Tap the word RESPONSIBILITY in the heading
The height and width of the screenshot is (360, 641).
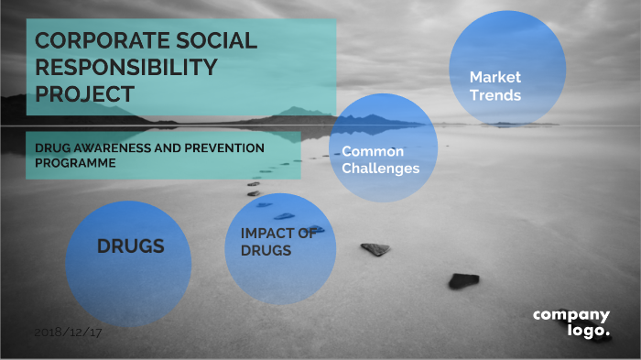(126, 68)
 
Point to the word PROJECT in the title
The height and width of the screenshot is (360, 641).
(84, 93)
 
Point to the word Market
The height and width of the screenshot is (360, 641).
(495, 78)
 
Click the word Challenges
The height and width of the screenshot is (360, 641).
(380, 169)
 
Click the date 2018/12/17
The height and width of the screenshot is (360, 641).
(68, 332)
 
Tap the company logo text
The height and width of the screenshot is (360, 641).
(571, 323)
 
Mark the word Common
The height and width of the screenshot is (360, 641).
(373, 151)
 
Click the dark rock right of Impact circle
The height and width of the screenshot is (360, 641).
(375, 249)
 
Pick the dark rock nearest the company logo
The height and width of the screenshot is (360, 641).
(463, 280)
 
